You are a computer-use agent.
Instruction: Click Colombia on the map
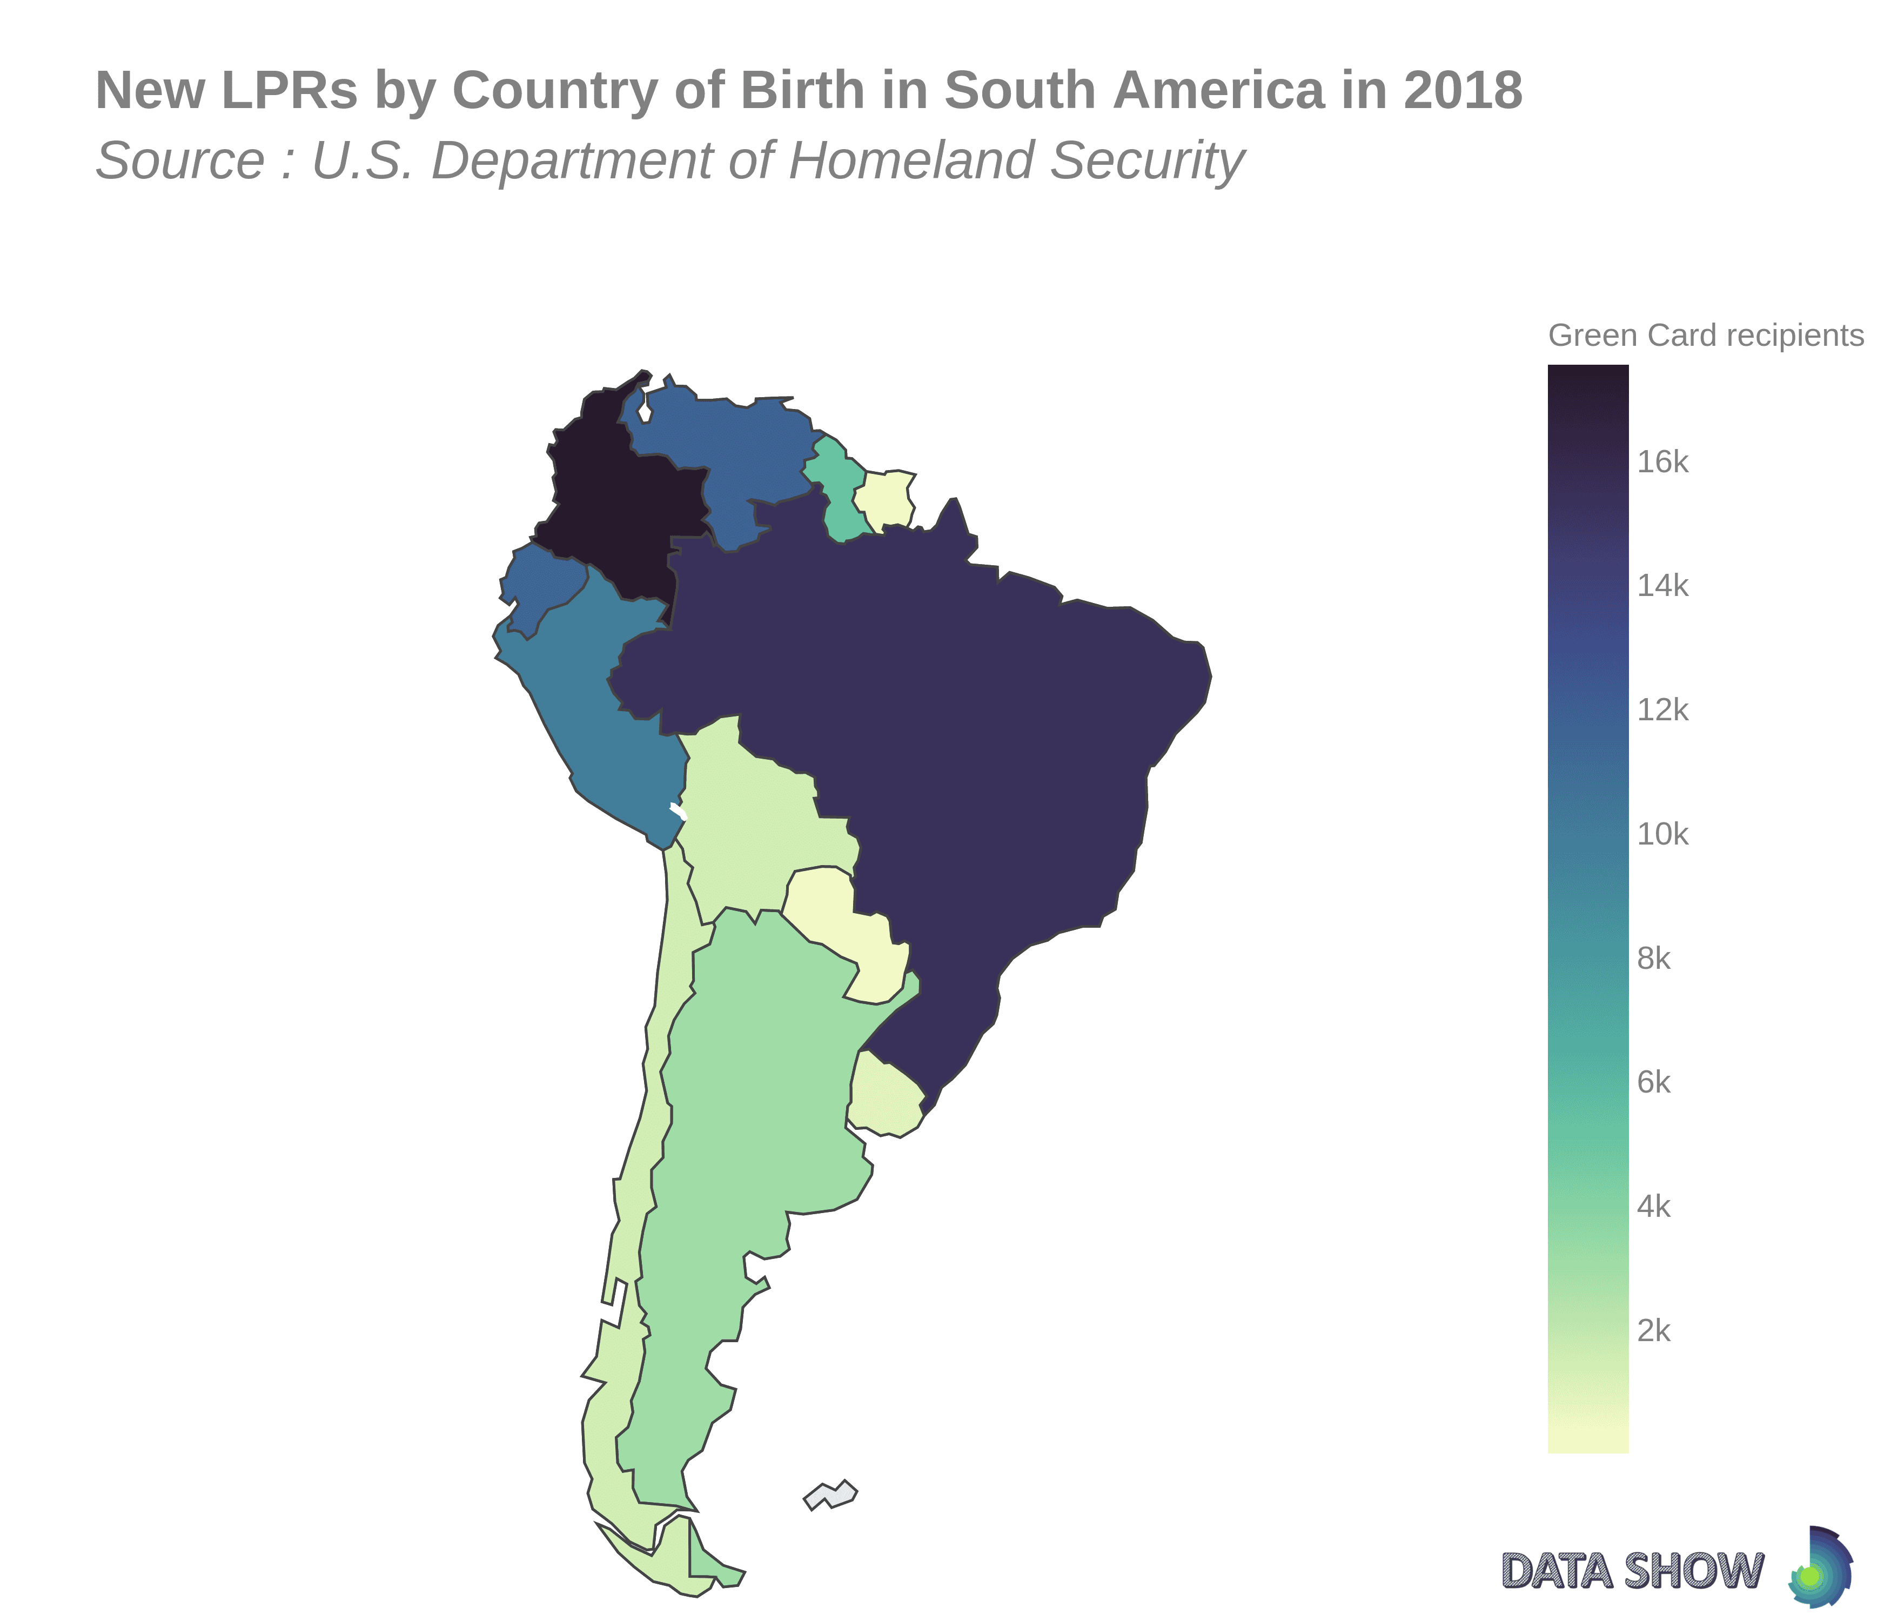[x=621, y=493]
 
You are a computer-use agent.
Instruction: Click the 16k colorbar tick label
[x=1663, y=463]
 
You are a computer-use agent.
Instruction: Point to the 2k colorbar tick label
[x=1654, y=1332]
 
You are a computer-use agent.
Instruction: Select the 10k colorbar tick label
[x=1663, y=834]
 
